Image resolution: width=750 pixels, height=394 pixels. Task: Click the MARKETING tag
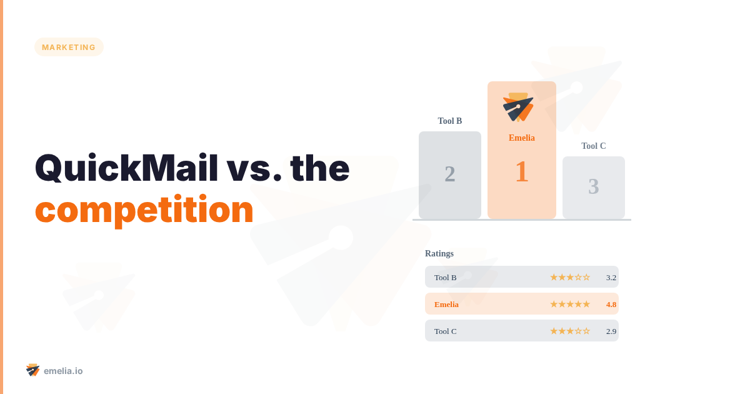(69, 47)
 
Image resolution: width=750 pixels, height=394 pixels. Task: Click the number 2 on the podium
(450, 174)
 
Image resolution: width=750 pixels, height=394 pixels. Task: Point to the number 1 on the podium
(522, 172)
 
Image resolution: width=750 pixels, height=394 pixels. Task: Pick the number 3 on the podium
(594, 186)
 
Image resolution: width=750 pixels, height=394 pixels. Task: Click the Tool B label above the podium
(450, 121)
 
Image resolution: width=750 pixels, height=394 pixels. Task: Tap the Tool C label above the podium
(594, 146)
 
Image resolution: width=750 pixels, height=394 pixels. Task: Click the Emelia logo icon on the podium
(518, 107)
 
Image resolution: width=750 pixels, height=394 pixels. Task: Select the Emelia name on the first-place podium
(522, 138)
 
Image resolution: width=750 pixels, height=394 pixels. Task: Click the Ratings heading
(439, 254)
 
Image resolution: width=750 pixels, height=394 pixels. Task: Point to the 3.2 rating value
(611, 278)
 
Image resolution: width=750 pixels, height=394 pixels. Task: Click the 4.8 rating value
(611, 305)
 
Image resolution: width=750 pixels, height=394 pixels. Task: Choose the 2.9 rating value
(611, 331)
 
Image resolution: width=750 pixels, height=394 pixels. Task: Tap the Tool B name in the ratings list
(446, 278)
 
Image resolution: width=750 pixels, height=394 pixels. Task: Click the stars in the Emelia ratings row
(570, 305)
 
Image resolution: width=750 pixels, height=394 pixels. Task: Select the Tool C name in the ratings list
(446, 331)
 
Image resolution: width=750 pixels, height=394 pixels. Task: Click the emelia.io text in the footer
(63, 371)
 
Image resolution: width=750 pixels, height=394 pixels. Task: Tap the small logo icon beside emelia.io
(33, 370)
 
